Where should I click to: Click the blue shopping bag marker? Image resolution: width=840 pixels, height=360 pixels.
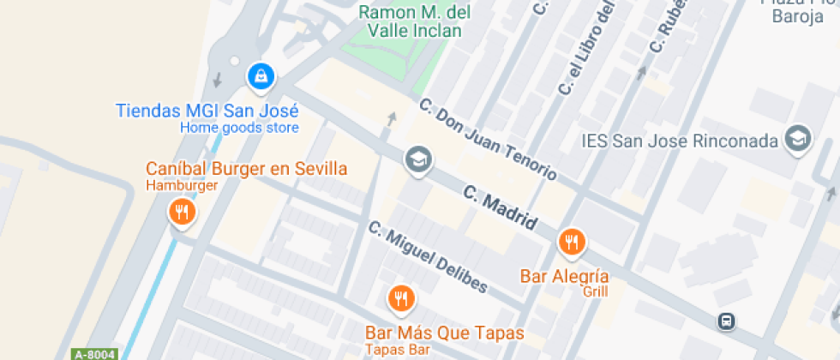point(261,76)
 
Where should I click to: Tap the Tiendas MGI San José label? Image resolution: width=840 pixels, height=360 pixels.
point(207,111)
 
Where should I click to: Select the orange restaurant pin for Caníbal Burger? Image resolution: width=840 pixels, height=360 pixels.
point(181,211)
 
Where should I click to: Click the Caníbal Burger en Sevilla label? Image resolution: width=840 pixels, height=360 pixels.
point(246,168)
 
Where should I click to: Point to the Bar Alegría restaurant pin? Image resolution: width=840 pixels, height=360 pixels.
point(572,243)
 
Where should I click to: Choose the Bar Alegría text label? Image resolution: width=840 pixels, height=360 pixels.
point(565,276)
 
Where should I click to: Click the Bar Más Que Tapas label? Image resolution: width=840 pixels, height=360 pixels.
point(444,332)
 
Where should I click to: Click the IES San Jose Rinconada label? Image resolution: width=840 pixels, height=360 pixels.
point(679,141)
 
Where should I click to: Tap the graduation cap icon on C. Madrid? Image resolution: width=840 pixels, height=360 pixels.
point(418,159)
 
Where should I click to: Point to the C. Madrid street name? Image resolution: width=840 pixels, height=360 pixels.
point(501,207)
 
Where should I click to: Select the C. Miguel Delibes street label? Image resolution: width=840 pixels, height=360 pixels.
point(428,256)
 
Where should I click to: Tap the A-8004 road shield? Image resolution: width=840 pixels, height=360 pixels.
point(93,353)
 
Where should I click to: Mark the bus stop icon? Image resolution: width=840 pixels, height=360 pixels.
point(726,321)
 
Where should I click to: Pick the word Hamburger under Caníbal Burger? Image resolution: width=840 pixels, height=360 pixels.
point(182,185)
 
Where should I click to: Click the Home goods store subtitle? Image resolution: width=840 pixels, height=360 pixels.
point(239,128)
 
